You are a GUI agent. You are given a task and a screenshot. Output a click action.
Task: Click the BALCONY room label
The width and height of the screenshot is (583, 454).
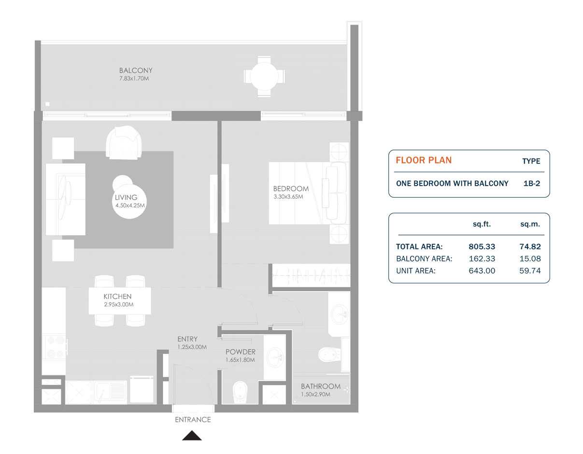[136, 71]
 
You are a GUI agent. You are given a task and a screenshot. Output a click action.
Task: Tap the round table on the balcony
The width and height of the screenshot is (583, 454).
[264, 76]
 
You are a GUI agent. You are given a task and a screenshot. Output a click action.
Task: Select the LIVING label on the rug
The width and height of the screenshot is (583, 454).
[126, 197]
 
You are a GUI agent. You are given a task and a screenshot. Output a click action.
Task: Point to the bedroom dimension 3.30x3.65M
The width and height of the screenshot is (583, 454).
[288, 197]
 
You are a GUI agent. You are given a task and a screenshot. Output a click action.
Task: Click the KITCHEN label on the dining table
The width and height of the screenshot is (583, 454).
[117, 296]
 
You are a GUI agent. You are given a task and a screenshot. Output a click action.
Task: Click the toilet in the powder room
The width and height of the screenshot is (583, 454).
[240, 392]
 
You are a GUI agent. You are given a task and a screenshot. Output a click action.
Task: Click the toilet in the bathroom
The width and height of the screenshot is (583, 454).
[329, 355]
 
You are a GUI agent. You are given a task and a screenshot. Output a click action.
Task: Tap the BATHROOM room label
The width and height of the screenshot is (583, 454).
[320, 386]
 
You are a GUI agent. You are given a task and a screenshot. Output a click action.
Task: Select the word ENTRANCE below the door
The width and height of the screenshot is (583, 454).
[193, 420]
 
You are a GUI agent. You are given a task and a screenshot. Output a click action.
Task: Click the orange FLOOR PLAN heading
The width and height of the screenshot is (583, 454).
[424, 161]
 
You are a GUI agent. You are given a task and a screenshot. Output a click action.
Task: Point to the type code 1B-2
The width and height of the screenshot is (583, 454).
[531, 184]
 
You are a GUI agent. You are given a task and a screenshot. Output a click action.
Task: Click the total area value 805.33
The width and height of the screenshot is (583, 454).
[482, 247]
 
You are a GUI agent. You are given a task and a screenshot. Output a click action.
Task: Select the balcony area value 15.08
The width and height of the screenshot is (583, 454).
[529, 259]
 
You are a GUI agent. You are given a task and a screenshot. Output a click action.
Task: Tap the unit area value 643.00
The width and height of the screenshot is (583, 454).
[482, 271]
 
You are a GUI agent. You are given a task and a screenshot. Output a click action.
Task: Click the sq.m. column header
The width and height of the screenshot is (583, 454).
[530, 224]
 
